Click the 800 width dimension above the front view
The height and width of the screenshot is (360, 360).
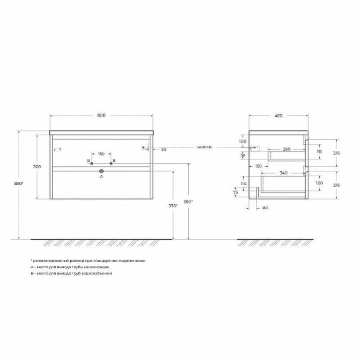101,115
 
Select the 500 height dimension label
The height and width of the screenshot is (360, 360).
37,167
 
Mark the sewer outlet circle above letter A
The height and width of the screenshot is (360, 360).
101,170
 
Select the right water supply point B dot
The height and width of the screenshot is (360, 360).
111,163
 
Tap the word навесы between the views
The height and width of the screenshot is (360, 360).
204,147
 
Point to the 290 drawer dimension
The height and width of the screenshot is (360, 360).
287,149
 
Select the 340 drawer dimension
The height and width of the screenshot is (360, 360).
284,173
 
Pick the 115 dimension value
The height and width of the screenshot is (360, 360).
318,151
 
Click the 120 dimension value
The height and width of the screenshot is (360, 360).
319,184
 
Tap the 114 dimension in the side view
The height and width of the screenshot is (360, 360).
244,184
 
